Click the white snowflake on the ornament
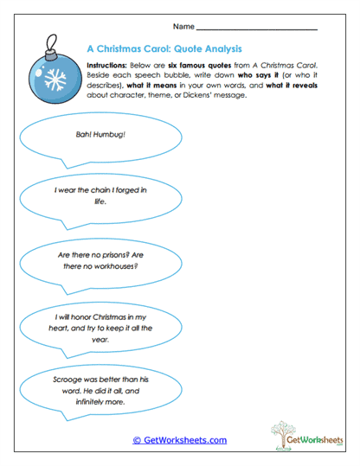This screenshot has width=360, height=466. click(56, 83)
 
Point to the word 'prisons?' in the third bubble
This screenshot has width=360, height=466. click(107, 257)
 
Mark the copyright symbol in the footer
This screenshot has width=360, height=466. click(136, 440)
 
